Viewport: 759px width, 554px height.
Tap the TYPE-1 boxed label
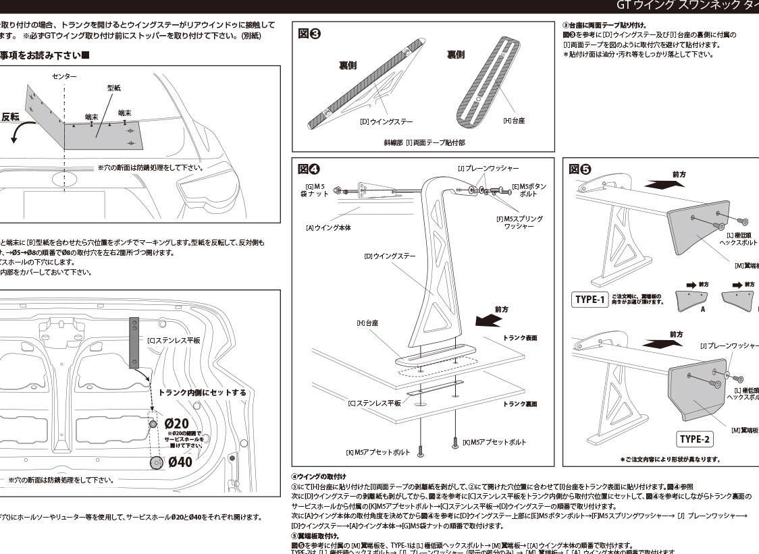point(589,299)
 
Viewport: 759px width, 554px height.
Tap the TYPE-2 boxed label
point(695,439)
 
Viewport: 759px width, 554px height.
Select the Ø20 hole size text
point(176,423)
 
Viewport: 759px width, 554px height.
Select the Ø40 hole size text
point(180,462)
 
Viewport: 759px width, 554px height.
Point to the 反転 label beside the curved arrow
point(11,117)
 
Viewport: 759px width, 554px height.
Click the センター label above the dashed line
point(64,77)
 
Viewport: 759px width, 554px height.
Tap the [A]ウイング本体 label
point(328,228)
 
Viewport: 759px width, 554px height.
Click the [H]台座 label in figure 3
point(514,120)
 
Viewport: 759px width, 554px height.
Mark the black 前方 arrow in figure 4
point(489,321)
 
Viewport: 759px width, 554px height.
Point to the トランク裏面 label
point(520,404)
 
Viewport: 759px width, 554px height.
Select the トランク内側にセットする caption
point(202,392)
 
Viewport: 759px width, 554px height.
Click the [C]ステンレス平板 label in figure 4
point(374,403)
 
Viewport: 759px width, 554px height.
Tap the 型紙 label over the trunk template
point(113,88)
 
